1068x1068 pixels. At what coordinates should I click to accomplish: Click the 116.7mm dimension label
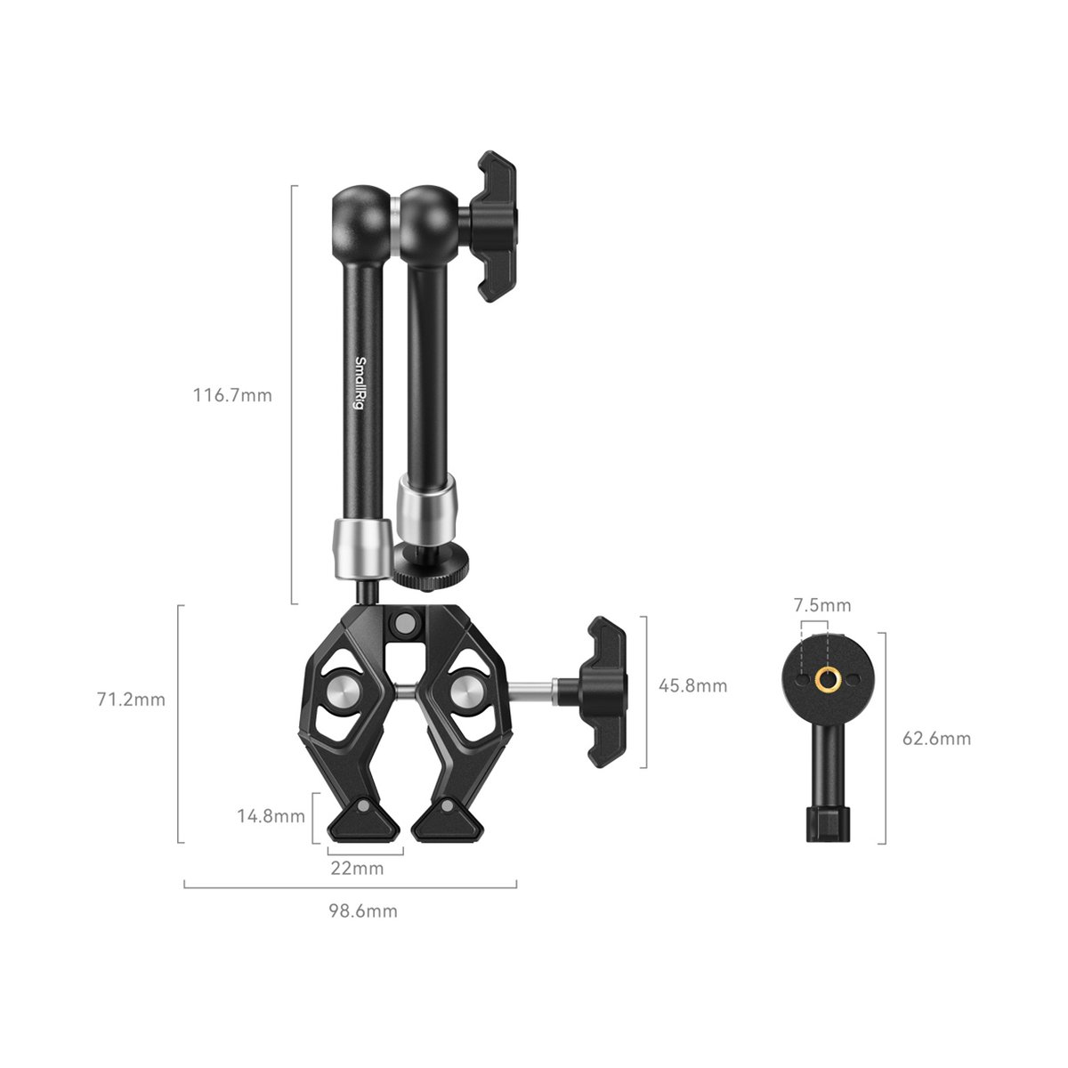click(x=232, y=395)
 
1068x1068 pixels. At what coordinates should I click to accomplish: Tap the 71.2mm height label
click(x=132, y=700)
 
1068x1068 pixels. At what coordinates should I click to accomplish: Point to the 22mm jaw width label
click(x=357, y=869)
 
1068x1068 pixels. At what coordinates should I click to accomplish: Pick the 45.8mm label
click(x=692, y=685)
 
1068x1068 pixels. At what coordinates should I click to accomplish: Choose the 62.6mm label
click(x=937, y=738)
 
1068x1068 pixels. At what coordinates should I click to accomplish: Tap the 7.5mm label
click(x=822, y=605)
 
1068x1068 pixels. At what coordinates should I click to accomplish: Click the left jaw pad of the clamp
click(x=364, y=821)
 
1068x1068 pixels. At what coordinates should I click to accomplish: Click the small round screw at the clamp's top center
click(x=405, y=620)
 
